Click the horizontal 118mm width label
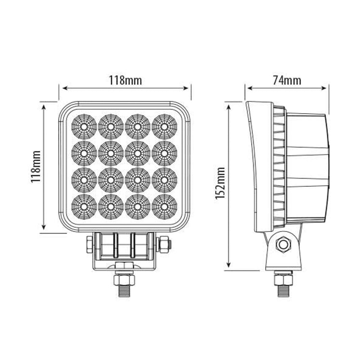pos(125,80)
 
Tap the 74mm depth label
pos(286,80)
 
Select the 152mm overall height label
pos(221,183)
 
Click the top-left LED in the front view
pos(83,127)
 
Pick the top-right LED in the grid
pos(164,127)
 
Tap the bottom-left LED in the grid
pos(83,207)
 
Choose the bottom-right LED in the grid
pos(164,207)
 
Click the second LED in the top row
pos(110,127)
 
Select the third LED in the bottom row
pos(137,207)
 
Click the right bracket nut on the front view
pos(164,245)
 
